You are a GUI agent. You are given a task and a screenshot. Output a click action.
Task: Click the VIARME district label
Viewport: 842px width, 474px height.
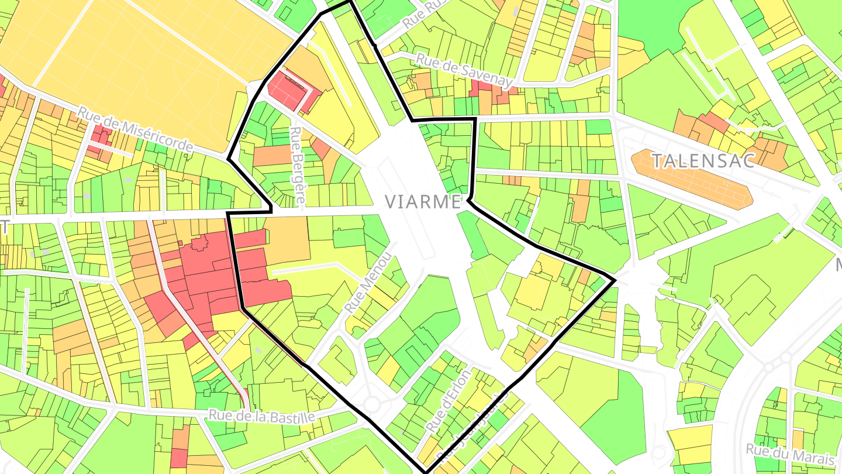[423, 202]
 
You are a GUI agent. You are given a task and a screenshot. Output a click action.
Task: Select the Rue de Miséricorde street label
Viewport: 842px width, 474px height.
[135, 130]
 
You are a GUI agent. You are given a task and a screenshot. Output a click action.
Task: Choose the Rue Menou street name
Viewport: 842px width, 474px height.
[367, 282]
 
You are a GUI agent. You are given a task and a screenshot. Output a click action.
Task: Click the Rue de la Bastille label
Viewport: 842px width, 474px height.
[261, 416]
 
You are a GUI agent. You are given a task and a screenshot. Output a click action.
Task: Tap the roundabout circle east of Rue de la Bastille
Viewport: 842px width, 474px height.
[372, 404]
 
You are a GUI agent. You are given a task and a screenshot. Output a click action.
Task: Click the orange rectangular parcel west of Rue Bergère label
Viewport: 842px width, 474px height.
[272, 155]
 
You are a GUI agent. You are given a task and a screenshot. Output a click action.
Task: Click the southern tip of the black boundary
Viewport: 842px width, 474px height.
[425, 472]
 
